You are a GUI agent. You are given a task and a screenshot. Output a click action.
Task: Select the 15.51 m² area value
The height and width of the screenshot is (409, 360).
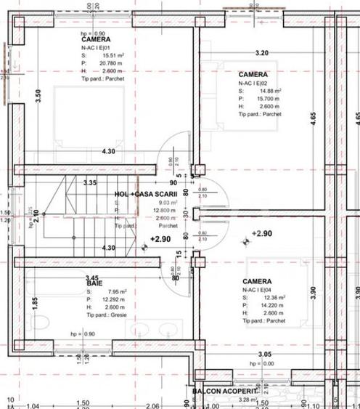point(110,54)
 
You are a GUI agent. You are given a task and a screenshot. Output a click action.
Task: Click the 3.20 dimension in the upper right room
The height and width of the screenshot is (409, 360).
point(262,53)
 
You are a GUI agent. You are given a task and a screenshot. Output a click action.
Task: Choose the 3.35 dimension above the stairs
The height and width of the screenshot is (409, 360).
point(90,182)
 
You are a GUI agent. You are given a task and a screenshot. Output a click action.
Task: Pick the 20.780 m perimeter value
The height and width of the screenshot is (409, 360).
point(109,62)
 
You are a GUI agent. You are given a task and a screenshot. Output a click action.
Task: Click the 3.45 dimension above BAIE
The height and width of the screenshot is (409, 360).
point(92,278)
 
